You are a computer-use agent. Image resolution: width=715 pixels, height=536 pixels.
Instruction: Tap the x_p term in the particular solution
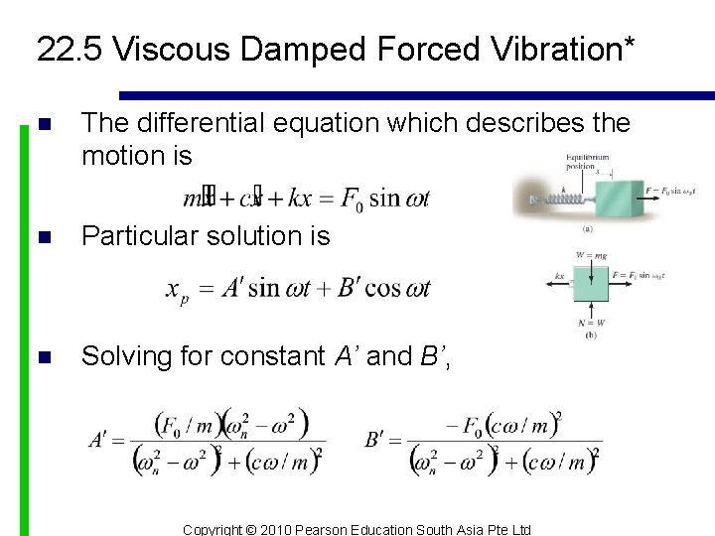178,290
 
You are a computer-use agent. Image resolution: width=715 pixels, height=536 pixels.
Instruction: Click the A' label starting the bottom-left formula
101,438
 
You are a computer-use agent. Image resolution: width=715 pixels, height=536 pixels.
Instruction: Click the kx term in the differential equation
298,198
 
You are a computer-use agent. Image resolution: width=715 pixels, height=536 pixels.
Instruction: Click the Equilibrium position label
587,162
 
